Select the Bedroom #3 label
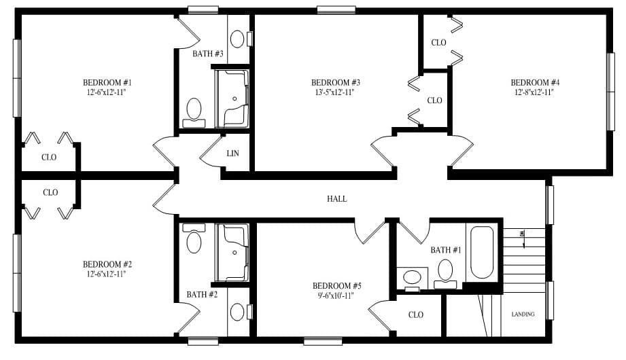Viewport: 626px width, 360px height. click(x=335, y=82)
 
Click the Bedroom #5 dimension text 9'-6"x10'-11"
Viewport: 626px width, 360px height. click(x=336, y=295)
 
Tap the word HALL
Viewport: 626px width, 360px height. click(x=337, y=199)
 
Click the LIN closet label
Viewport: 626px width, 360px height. click(x=233, y=154)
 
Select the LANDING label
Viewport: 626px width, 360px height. click(x=523, y=314)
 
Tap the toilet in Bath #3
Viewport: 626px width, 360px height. click(x=194, y=109)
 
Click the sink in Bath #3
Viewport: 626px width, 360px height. click(x=237, y=39)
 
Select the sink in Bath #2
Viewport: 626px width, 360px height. click(x=237, y=312)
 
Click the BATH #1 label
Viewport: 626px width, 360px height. click(x=446, y=250)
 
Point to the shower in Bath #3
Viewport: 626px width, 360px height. click(x=233, y=98)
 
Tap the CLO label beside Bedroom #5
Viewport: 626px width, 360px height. click(x=416, y=314)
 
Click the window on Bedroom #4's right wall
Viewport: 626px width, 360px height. click(x=610, y=91)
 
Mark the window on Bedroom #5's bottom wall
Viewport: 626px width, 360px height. click(x=323, y=341)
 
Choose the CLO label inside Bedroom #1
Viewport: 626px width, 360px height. click(x=49, y=157)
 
